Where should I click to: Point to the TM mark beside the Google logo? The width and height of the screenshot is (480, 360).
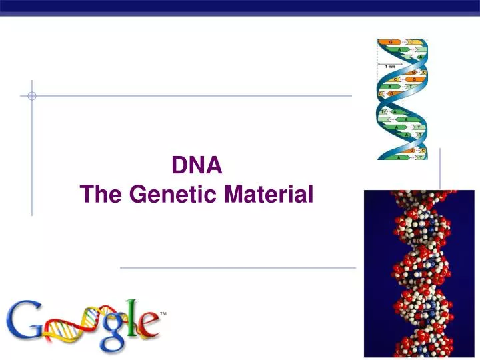(163, 313)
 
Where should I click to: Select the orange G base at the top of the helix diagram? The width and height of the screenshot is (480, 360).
(390, 41)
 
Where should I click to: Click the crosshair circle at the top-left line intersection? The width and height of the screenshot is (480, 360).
(32, 96)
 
